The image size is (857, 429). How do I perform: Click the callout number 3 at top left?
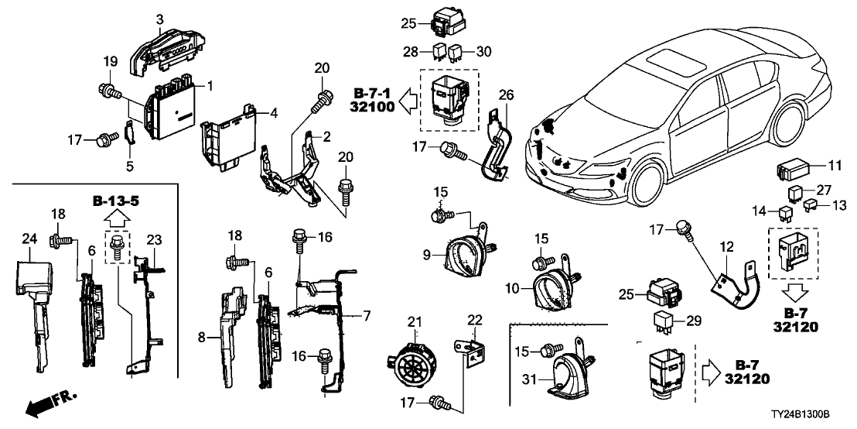pos(159,19)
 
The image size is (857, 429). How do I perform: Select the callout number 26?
pos(505,95)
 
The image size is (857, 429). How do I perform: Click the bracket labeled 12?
pos(733,282)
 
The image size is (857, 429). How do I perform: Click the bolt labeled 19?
pos(109,91)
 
